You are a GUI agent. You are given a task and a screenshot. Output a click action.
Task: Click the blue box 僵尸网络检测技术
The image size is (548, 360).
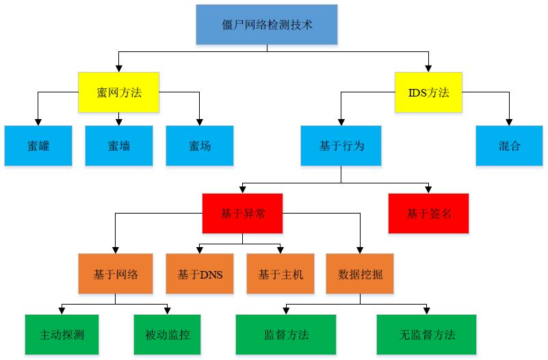tap(267, 25)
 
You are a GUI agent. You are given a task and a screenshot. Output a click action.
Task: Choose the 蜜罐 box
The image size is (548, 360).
tap(38, 145)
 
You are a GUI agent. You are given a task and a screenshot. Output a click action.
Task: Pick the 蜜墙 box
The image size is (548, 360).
tap(119, 145)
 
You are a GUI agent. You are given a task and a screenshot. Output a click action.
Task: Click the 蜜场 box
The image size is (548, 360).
tap(200, 145)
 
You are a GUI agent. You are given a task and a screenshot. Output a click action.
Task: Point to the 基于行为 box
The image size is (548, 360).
tap(341, 145)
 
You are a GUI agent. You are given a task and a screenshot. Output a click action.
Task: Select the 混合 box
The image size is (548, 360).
tap(510, 145)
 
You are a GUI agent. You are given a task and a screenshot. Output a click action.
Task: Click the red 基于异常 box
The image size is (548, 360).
tap(243, 214)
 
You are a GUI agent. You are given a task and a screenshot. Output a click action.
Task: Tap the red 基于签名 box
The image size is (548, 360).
tap(429, 214)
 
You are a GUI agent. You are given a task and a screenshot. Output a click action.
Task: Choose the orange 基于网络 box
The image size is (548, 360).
tap(116, 274)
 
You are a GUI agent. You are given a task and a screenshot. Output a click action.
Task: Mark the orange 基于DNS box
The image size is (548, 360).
tap(200, 274)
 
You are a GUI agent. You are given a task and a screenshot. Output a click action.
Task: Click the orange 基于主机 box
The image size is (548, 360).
tap(280, 274)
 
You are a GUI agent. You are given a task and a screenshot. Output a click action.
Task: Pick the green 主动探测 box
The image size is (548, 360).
tap(62, 335)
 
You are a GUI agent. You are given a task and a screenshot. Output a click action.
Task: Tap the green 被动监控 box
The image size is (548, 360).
tap(167, 335)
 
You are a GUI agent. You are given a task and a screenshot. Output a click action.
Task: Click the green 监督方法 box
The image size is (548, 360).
tap(286, 335)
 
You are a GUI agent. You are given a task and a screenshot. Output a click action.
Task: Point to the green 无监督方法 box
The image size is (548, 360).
tap(427, 335)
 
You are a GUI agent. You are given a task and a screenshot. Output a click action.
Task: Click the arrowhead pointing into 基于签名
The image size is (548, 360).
tap(429, 190)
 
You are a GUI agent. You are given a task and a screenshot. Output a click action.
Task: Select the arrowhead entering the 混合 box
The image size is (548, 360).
tap(510, 122)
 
